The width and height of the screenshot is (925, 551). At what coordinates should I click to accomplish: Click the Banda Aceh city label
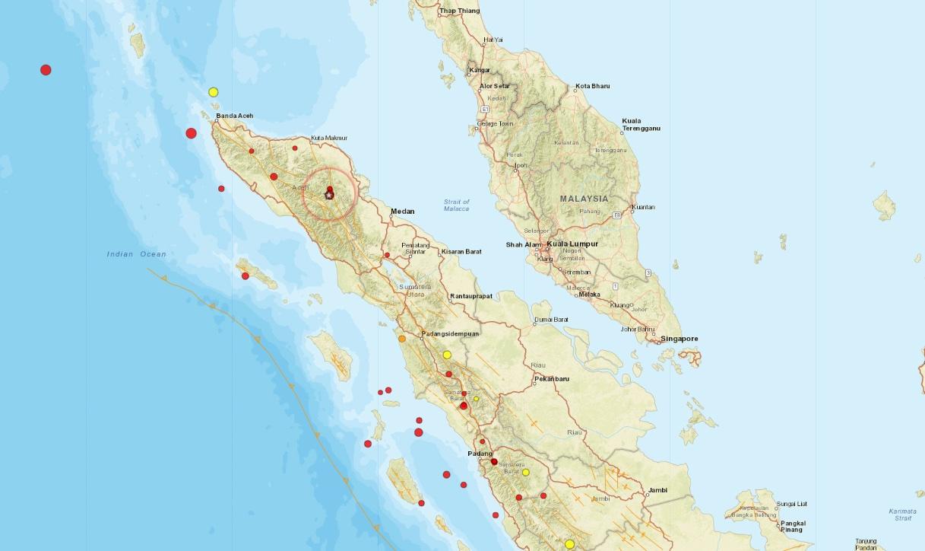[x=235, y=116]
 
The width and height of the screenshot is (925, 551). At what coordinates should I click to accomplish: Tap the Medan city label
[x=403, y=212]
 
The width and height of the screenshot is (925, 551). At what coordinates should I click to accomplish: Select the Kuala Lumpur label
[x=572, y=244]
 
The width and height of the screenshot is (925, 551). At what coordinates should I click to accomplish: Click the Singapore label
[x=679, y=339]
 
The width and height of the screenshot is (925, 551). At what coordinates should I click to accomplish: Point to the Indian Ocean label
[x=136, y=254]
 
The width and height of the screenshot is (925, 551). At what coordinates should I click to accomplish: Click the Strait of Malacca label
[x=457, y=205]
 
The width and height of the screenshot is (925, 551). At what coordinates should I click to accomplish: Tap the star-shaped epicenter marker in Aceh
[x=329, y=196]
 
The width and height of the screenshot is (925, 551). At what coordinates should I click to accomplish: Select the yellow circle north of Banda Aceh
[x=214, y=92]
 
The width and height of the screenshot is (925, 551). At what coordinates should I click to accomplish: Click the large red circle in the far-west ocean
[x=46, y=70]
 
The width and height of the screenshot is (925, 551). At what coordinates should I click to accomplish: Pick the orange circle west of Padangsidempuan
[x=402, y=339]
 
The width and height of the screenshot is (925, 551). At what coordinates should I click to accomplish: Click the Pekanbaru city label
[x=552, y=378]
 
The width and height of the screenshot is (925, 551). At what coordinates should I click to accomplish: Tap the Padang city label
[x=480, y=454]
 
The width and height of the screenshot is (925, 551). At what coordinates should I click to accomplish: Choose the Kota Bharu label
[x=592, y=86]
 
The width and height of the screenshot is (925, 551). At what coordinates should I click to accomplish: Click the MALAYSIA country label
[x=584, y=199]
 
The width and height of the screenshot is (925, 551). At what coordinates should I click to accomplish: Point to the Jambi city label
[x=658, y=490]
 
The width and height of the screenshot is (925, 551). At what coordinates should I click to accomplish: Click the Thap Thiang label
[x=460, y=11]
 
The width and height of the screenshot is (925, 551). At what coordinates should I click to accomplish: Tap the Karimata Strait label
[x=902, y=514]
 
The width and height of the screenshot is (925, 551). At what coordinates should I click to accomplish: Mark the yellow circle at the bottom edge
[x=569, y=544]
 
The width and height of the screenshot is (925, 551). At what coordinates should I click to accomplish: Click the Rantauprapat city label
[x=471, y=295]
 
